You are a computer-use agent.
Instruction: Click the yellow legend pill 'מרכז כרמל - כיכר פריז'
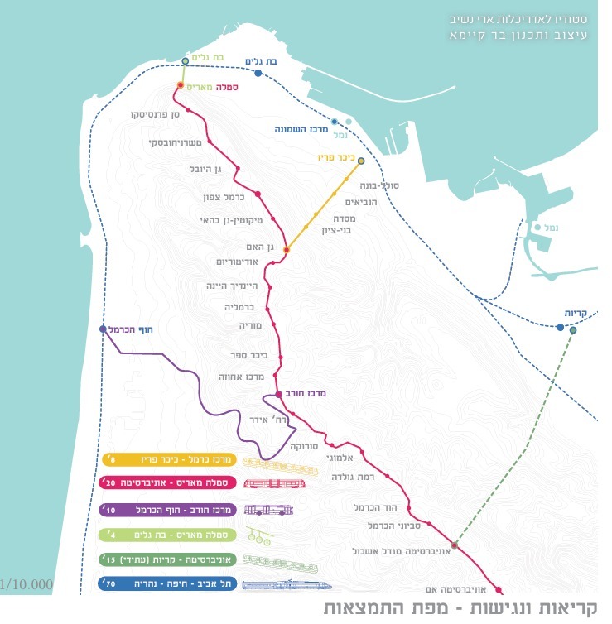click(x=170, y=459)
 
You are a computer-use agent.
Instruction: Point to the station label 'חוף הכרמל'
click(x=133, y=330)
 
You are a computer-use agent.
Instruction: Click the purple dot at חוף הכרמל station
click(x=103, y=329)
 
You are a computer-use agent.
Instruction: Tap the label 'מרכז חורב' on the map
click(x=310, y=395)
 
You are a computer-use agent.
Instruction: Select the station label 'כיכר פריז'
click(x=335, y=156)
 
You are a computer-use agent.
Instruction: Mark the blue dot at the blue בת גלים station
click(x=259, y=74)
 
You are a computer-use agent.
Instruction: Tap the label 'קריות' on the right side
click(x=576, y=314)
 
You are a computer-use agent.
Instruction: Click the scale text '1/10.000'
click(x=27, y=585)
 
